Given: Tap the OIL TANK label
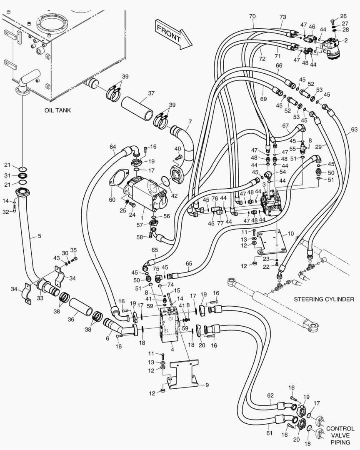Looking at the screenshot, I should point(57,110).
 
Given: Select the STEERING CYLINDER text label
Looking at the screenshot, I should point(324,299).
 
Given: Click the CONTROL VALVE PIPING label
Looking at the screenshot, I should point(340,435).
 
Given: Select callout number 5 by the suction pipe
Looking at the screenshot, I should point(39,236).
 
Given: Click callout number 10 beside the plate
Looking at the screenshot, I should point(290,233).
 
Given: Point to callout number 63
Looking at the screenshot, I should point(354,130).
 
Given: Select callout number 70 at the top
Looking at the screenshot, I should point(252,16).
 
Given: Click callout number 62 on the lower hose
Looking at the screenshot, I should point(270,395).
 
